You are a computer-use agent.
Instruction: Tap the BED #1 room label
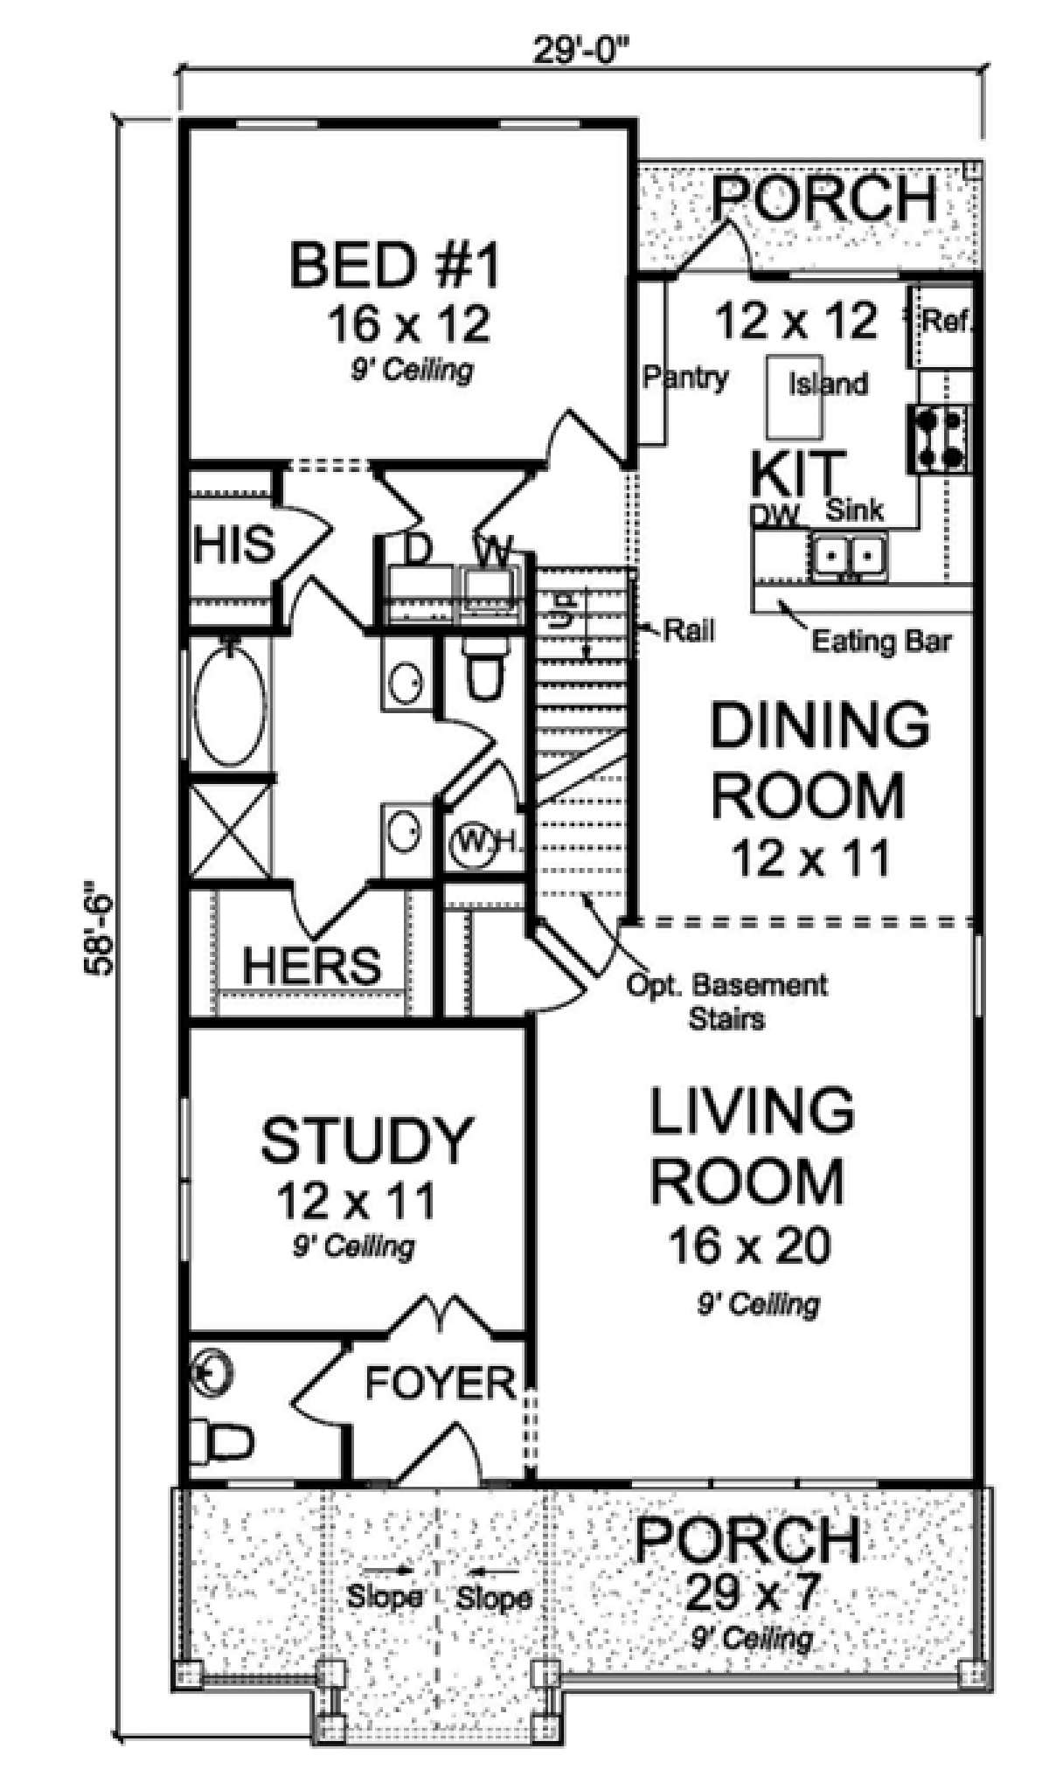pyautogui.click(x=396, y=267)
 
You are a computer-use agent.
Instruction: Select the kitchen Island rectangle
pyautogui.click(x=795, y=398)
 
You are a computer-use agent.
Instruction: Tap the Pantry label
pyautogui.click(x=685, y=378)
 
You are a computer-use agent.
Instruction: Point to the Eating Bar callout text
pyautogui.click(x=881, y=642)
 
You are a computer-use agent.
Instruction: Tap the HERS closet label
pyautogui.click(x=312, y=965)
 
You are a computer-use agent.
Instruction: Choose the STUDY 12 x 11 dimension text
pyautogui.click(x=356, y=1201)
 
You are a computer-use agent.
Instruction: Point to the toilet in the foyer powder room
pyautogui.click(x=219, y=1441)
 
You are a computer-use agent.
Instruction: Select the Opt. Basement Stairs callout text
pyautogui.click(x=727, y=1001)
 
